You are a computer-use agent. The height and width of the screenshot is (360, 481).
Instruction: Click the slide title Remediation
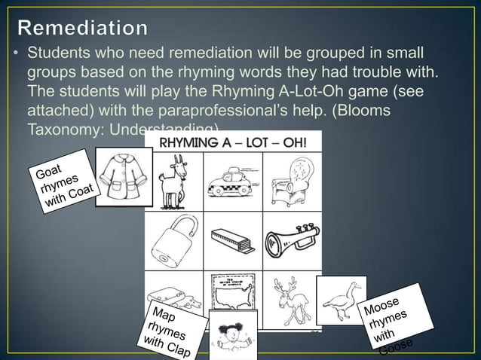point(83,28)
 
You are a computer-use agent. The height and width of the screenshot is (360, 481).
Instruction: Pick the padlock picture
point(174,241)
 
